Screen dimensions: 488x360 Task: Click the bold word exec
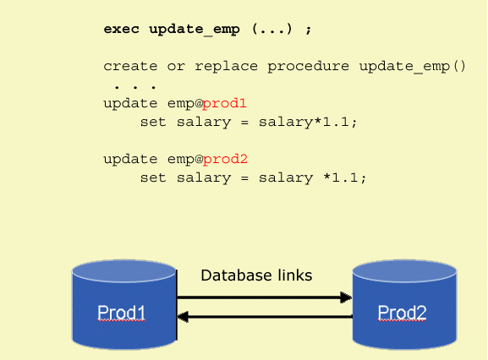coord(122,30)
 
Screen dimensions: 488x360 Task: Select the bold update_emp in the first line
coord(195,30)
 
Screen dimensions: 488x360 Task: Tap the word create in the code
coord(130,66)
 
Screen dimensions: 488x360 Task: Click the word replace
coord(227,67)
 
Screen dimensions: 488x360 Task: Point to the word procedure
coord(308,67)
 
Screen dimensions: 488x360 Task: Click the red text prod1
coord(224,104)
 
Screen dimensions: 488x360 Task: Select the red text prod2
coord(225,160)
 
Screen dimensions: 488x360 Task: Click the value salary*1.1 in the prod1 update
coord(304,123)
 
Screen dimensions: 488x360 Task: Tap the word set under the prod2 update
coord(153,178)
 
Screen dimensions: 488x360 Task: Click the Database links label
coord(256,275)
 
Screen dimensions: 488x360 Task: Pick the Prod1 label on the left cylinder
coord(122,313)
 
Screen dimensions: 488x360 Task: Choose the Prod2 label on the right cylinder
coord(402,313)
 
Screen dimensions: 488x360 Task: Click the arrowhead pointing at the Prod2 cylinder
coord(346,297)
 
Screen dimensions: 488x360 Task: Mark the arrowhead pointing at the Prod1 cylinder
coord(183,317)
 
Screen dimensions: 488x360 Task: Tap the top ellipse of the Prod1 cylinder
coord(123,271)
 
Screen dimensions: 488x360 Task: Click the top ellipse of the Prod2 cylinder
coord(404,271)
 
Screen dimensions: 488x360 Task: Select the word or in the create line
coord(176,67)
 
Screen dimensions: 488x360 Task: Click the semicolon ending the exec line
coord(308,30)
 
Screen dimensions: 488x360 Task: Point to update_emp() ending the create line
coord(413,67)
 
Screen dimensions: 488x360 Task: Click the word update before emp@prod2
coord(130,160)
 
